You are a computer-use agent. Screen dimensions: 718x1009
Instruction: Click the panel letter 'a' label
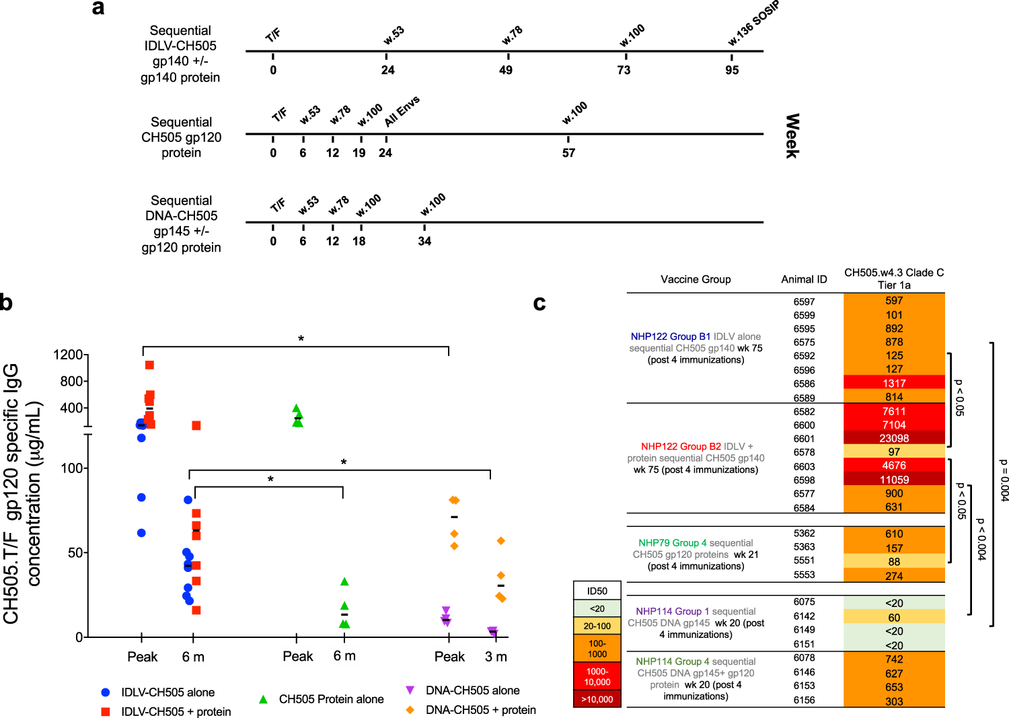point(98,8)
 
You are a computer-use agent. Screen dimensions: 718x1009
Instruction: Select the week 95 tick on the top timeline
point(732,70)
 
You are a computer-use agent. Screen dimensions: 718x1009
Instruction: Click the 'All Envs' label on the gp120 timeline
point(402,111)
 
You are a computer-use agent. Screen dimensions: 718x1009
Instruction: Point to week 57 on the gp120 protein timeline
point(568,153)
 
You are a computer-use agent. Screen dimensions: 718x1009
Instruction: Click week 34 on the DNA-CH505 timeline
point(424,241)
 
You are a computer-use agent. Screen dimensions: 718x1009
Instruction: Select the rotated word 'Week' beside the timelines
point(792,136)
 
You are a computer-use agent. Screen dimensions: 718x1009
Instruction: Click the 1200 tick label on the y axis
point(68,355)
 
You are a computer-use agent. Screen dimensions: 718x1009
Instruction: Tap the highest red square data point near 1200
point(149,365)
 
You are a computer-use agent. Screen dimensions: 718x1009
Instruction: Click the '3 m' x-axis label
point(496,657)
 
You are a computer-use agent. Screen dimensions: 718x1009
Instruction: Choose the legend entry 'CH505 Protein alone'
point(331,699)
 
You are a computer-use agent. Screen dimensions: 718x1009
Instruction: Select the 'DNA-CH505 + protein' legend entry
point(480,710)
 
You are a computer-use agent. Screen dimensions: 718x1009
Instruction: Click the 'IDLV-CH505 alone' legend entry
point(167,692)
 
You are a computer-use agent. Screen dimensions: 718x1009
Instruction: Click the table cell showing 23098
point(893,438)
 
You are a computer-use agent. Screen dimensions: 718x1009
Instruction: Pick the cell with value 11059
point(893,480)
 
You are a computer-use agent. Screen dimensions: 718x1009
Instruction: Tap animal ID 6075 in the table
point(804,602)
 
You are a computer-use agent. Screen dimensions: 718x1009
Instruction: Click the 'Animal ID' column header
point(804,279)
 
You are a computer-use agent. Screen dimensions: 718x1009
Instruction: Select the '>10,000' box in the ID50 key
point(597,699)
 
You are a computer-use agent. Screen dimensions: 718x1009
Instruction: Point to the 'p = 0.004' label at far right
point(1003,480)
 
